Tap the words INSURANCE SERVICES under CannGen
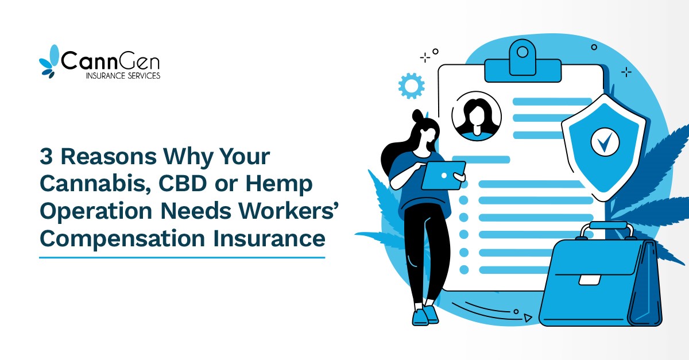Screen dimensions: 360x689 click(114, 76)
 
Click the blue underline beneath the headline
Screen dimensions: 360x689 click(182, 257)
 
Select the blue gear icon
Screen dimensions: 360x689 click(411, 86)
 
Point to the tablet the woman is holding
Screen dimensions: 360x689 click(443, 175)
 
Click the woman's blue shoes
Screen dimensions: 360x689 click(425, 315)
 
